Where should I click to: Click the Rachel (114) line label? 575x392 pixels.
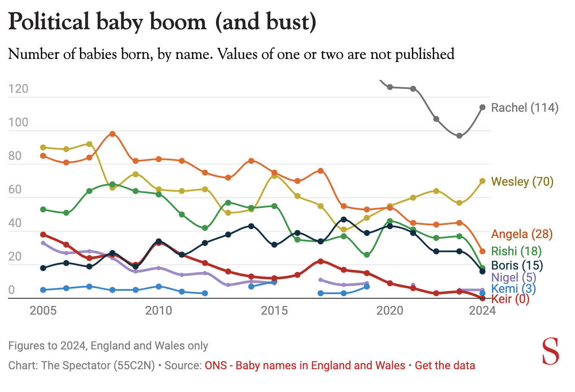click(x=525, y=107)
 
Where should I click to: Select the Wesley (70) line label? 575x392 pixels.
click(x=522, y=181)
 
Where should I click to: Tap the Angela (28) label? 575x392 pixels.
click(x=522, y=234)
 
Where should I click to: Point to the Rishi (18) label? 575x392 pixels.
click(x=516, y=251)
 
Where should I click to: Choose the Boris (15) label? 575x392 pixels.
click(x=517, y=265)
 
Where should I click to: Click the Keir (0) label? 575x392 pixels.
click(x=510, y=299)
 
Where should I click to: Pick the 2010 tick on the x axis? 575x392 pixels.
click(x=159, y=310)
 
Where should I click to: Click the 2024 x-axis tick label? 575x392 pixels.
click(x=482, y=310)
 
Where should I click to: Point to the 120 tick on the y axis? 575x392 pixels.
click(x=18, y=89)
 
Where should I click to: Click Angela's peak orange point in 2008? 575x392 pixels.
click(x=112, y=134)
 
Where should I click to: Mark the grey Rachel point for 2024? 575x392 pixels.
click(x=482, y=107)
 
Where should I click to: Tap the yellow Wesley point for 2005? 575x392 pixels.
click(x=43, y=147)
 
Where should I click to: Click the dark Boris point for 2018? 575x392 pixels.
click(x=343, y=220)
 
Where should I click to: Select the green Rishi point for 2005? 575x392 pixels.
click(x=43, y=209)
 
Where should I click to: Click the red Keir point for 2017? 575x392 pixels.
click(x=320, y=261)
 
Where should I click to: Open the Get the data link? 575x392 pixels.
click(x=445, y=366)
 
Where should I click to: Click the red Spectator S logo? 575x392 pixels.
click(x=550, y=351)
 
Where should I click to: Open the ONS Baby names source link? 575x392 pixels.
click(x=305, y=366)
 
